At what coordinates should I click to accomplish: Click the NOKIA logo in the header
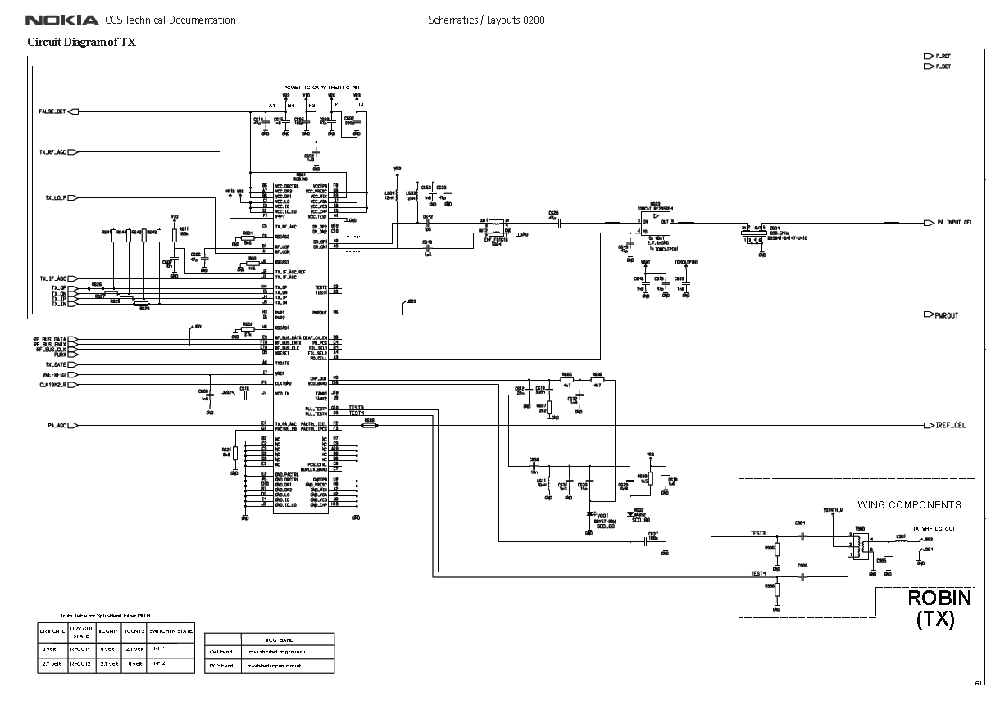click(x=61, y=20)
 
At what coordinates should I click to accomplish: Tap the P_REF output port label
click(x=943, y=56)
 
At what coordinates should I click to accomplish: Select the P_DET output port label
click(x=943, y=66)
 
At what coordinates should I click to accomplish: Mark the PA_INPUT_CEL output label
click(x=954, y=222)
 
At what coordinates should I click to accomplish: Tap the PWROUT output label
click(x=947, y=315)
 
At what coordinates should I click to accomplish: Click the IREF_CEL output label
click(x=951, y=426)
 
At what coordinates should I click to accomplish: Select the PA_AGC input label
click(x=57, y=426)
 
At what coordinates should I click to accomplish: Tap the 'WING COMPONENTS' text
click(x=909, y=504)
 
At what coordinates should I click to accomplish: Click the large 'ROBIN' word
click(x=939, y=599)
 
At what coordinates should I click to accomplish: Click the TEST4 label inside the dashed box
click(x=758, y=573)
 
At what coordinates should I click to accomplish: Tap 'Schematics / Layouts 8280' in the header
click(x=485, y=20)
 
